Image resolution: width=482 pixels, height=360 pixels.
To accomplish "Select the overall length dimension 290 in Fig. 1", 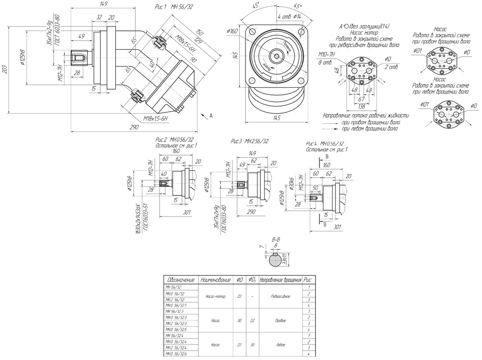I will [135, 127].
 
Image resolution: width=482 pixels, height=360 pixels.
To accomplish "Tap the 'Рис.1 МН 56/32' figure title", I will [174, 8].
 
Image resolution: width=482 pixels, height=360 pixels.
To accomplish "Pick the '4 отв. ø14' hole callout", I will [289, 16].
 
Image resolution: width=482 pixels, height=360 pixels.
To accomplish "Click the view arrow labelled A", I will [210, 115].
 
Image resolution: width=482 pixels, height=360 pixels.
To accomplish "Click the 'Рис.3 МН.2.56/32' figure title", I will [250, 141].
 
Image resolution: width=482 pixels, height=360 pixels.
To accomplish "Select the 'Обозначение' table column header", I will [181, 280].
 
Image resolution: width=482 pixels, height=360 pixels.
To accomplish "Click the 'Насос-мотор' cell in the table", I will [216, 297].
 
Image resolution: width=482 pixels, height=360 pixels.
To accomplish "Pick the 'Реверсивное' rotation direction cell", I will [280, 297].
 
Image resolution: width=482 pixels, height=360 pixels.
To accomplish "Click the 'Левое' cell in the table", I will [280, 345].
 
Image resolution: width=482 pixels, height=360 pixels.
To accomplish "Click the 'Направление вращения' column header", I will [280, 280].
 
